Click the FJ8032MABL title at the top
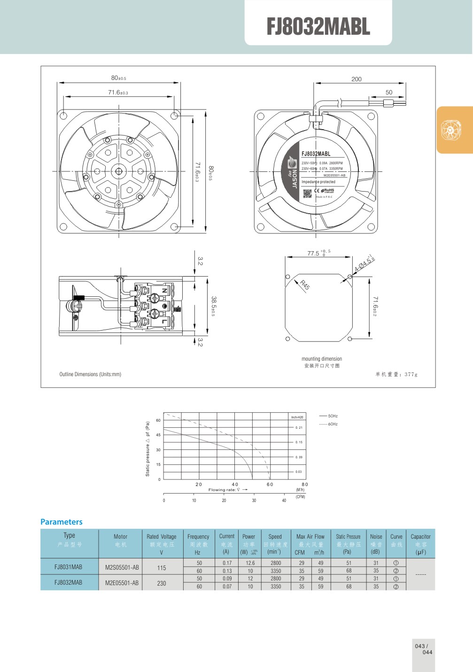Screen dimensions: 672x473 [318, 27]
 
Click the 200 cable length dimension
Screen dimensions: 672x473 [357, 79]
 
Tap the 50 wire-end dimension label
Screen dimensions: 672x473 [389, 93]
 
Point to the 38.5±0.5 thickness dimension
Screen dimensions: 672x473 [213, 306]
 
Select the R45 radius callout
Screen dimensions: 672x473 [305, 285]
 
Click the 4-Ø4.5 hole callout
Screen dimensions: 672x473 [364, 263]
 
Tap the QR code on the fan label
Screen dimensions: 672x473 [307, 193]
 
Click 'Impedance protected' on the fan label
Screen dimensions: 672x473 [318, 182]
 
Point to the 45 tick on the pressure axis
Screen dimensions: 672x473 [158, 435]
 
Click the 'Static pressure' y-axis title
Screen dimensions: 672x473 [147, 449]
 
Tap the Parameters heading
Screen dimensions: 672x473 [62, 522]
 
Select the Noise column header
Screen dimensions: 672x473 [376, 537]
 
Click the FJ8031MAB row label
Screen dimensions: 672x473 [69, 567]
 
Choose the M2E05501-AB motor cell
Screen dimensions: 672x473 [122, 583]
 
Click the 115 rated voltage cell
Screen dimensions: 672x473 [162, 568]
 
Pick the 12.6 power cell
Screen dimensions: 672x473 [250, 563]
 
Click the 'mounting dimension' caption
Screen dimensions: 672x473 [322, 359]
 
